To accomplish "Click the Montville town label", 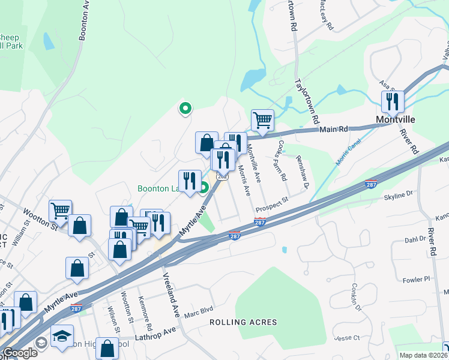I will point(396,119).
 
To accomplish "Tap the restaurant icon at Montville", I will point(393,102).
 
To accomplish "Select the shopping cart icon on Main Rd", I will point(262,120).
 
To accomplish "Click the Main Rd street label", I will point(334,128).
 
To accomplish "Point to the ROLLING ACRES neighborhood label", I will point(243,322).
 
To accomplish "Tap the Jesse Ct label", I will point(347,338).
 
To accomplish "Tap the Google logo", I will point(20,353).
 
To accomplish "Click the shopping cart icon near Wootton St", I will point(61,211).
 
